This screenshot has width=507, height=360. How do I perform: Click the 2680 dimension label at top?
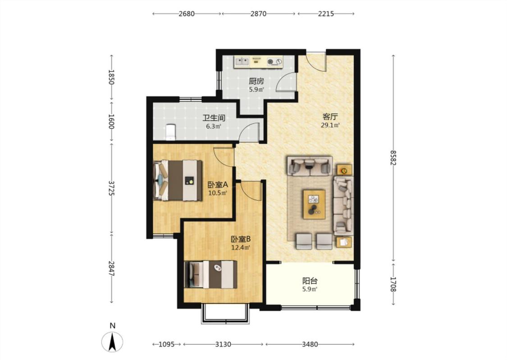187,13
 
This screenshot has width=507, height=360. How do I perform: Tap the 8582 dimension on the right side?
393,158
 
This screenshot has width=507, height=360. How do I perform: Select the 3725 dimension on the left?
112,188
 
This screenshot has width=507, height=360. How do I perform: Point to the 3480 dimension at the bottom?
310,344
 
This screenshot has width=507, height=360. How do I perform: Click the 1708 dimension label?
393,284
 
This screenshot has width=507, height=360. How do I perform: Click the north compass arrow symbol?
112,342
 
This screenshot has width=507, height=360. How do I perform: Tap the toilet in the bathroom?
170,132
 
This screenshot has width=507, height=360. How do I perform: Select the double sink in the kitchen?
242,61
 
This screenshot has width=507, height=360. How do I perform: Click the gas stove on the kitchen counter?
274,61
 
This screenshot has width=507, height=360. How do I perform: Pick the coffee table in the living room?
314,204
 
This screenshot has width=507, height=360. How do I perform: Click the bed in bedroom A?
178,180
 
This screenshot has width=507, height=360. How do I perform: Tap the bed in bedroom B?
210,274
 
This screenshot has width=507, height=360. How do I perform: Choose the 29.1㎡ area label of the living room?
330,125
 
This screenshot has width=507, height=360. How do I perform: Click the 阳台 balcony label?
310,281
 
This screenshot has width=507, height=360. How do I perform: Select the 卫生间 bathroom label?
214,118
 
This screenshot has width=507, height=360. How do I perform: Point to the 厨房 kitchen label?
256,81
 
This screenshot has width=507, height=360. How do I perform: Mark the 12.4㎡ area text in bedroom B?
241,247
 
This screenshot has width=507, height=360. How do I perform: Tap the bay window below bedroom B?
225,313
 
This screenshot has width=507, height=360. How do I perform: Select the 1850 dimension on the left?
112,77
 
